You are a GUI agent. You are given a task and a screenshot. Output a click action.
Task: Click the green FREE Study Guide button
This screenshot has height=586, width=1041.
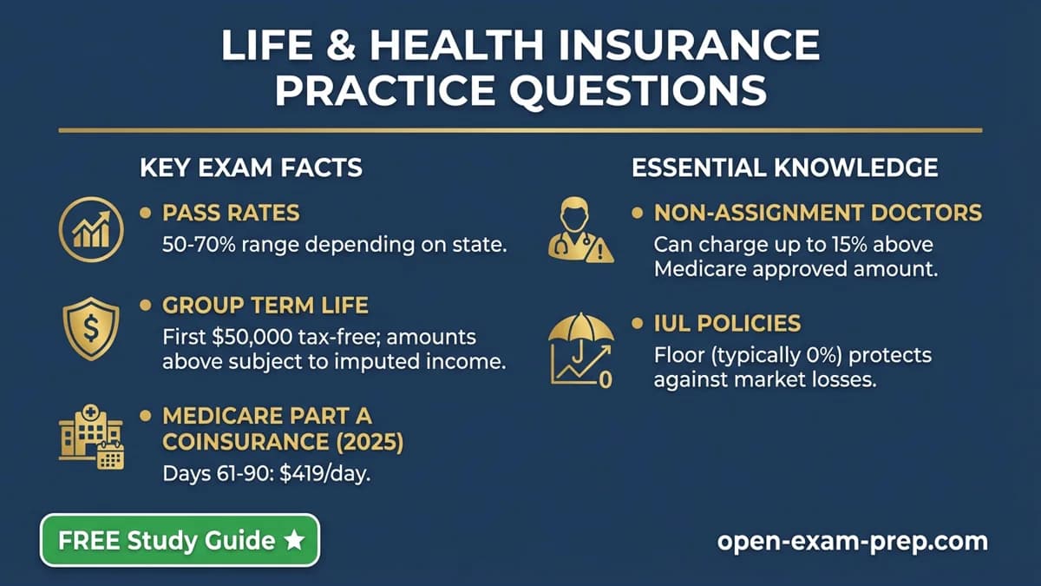[x=180, y=540]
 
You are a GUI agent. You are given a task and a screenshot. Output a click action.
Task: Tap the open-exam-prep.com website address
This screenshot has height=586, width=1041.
[x=852, y=541]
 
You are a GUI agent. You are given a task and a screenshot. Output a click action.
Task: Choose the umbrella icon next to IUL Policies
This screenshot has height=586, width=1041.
[x=580, y=352]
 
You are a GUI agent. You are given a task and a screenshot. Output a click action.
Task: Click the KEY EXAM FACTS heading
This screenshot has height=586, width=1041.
[x=251, y=167]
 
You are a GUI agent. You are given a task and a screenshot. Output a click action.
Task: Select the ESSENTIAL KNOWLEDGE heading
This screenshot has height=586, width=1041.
[x=784, y=167]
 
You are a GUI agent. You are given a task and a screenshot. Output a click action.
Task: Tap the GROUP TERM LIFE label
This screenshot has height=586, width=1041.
[x=265, y=306]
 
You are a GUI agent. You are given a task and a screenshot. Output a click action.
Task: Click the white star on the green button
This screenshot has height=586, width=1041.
[x=294, y=540]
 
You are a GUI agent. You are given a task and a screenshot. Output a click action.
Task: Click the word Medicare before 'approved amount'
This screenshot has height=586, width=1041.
[x=706, y=269]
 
